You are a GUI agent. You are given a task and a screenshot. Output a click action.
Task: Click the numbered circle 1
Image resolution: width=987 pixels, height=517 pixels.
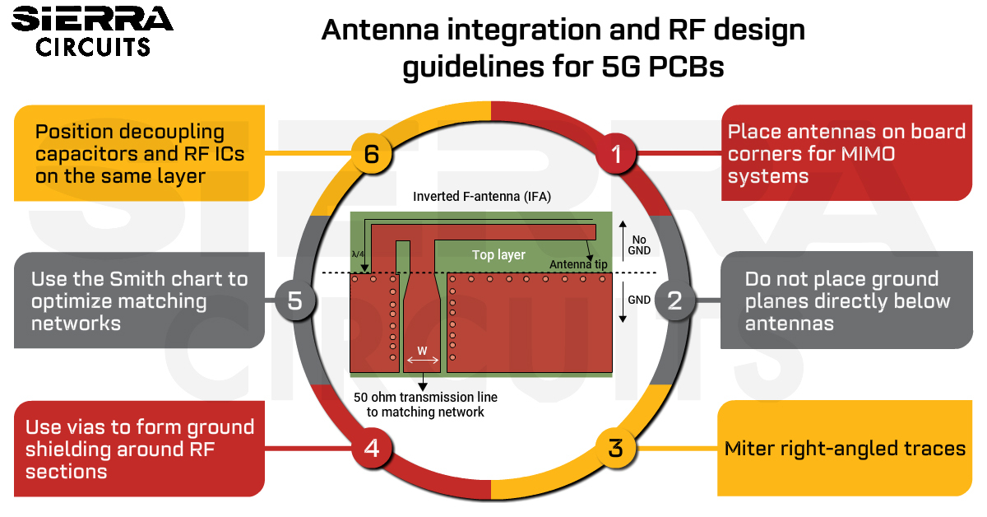pos(616,153)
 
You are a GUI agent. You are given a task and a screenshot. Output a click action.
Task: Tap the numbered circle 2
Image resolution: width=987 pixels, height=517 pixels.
pos(674,300)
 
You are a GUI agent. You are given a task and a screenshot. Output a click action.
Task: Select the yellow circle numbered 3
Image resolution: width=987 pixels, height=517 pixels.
pos(615,448)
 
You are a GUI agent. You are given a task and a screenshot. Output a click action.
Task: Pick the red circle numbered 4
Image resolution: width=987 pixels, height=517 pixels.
pos(372,448)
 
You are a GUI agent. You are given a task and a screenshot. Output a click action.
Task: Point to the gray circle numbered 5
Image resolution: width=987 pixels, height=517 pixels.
pos(294,300)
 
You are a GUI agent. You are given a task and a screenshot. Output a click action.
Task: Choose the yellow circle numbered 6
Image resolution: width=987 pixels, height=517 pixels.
pos(372,153)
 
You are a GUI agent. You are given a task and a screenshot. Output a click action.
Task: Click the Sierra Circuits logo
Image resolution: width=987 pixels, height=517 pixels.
pos(92,31)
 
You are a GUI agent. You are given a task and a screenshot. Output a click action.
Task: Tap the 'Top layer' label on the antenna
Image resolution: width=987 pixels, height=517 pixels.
pos(498,254)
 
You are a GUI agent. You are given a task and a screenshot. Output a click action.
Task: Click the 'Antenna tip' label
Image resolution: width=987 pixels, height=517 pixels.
pos(578,264)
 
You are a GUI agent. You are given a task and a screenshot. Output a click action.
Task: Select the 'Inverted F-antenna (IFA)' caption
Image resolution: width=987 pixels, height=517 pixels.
pos(482,196)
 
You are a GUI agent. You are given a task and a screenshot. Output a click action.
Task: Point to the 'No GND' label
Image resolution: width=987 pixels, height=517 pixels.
pos(639,245)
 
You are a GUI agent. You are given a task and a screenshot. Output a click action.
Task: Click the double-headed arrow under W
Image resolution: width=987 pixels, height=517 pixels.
pos(423,361)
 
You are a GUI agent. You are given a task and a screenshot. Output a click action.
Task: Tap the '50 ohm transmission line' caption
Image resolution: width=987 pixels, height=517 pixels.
pos(425,397)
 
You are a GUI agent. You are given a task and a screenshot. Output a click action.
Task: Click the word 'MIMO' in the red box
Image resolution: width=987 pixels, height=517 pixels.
pos(868,154)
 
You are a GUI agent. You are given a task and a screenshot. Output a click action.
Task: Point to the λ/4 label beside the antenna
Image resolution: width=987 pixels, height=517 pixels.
pos(358,254)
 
